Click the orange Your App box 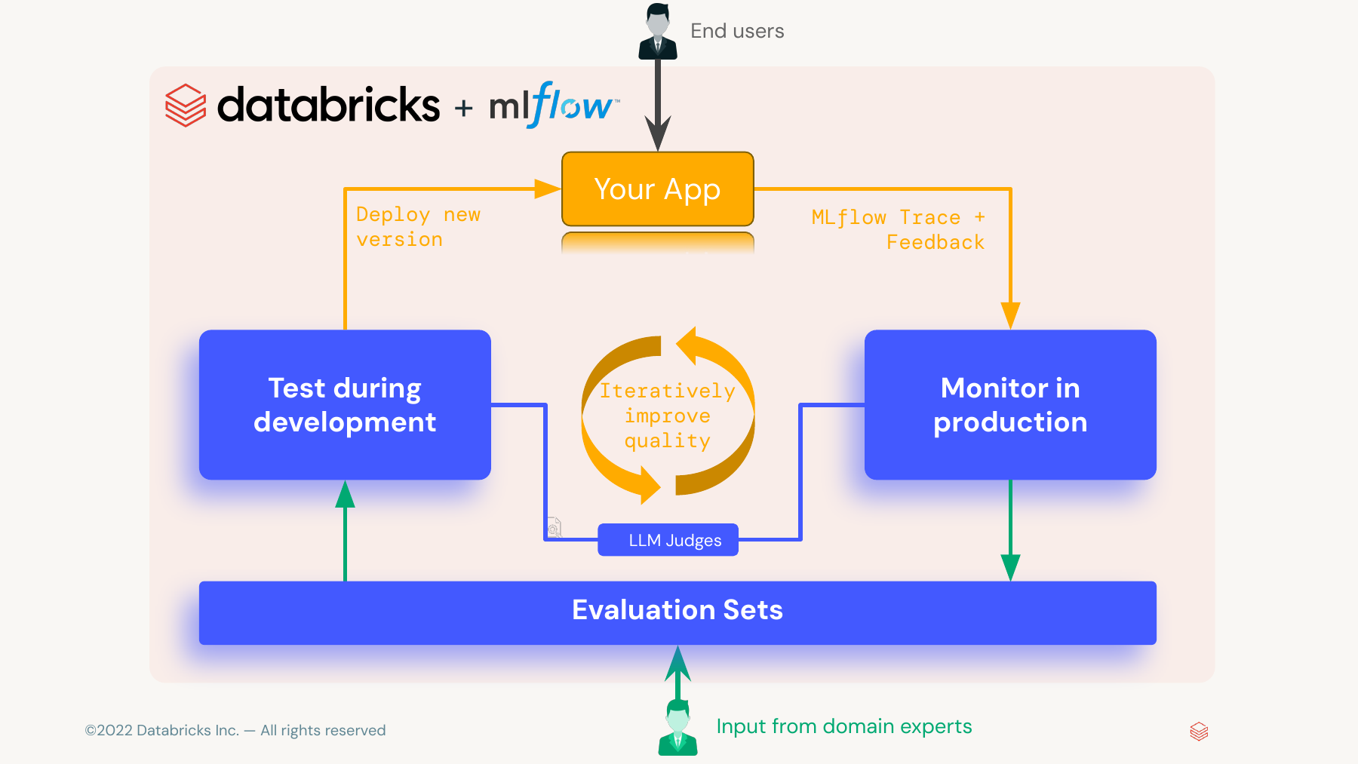[x=658, y=189]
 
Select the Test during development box [x=345, y=404]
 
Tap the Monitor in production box [x=1010, y=404]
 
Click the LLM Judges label [x=668, y=540]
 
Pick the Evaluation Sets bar [x=677, y=612]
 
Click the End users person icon [x=658, y=32]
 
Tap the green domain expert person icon [x=677, y=727]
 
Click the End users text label [x=737, y=31]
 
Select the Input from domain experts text [x=844, y=726]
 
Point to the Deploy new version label [x=418, y=227]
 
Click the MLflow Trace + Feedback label [x=898, y=230]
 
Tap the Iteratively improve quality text [x=668, y=416]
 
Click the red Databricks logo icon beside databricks [x=186, y=105]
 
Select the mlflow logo [x=555, y=105]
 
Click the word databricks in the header [x=328, y=104]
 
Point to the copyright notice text [x=235, y=730]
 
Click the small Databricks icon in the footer [x=1199, y=732]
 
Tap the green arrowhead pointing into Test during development [x=345, y=494]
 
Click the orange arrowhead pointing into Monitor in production [x=1010, y=316]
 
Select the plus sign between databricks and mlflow [x=463, y=109]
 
